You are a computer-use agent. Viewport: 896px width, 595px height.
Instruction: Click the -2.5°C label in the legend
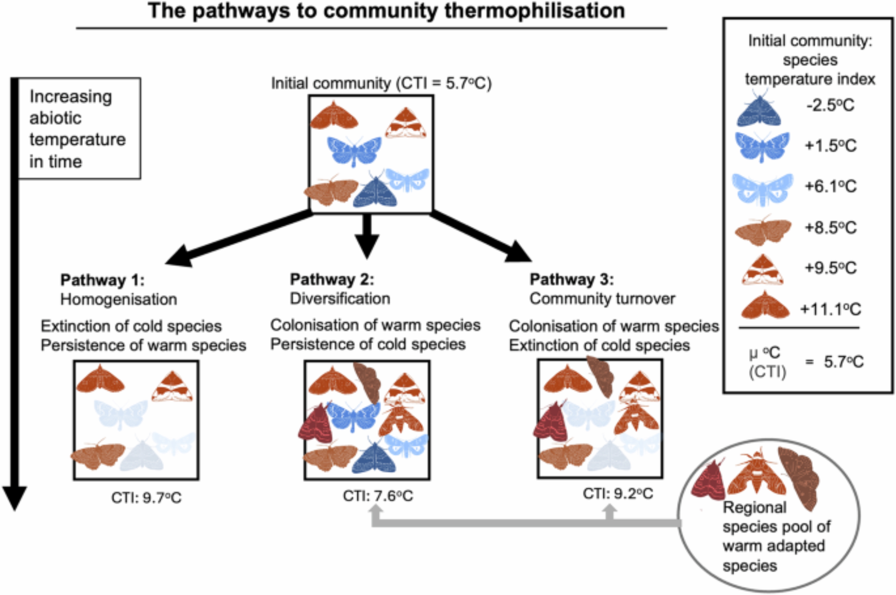[x=830, y=105]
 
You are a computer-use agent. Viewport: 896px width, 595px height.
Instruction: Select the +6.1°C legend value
[x=831, y=186]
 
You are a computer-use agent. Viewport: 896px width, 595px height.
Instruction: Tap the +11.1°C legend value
[x=831, y=309]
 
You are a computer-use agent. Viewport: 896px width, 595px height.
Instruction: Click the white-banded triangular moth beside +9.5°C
[x=762, y=270]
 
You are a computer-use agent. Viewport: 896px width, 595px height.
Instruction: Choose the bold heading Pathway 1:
[x=102, y=280]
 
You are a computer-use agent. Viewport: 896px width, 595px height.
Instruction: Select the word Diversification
[x=340, y=298]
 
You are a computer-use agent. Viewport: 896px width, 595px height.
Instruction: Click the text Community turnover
[x=602, y=298]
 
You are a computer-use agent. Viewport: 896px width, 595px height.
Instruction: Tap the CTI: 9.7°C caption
[x=146, y=498]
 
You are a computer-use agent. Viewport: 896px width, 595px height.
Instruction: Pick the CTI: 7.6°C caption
[x=378, y=496]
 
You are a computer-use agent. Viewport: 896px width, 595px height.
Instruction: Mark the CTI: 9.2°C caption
[x=618, y=494]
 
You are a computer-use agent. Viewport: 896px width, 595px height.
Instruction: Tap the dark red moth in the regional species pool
[x=708, y=482]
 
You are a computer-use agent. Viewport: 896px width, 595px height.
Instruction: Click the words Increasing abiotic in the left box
[x=70, y=107]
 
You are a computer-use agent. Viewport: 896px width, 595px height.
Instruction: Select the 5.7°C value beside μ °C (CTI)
[x=844, y=362]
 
